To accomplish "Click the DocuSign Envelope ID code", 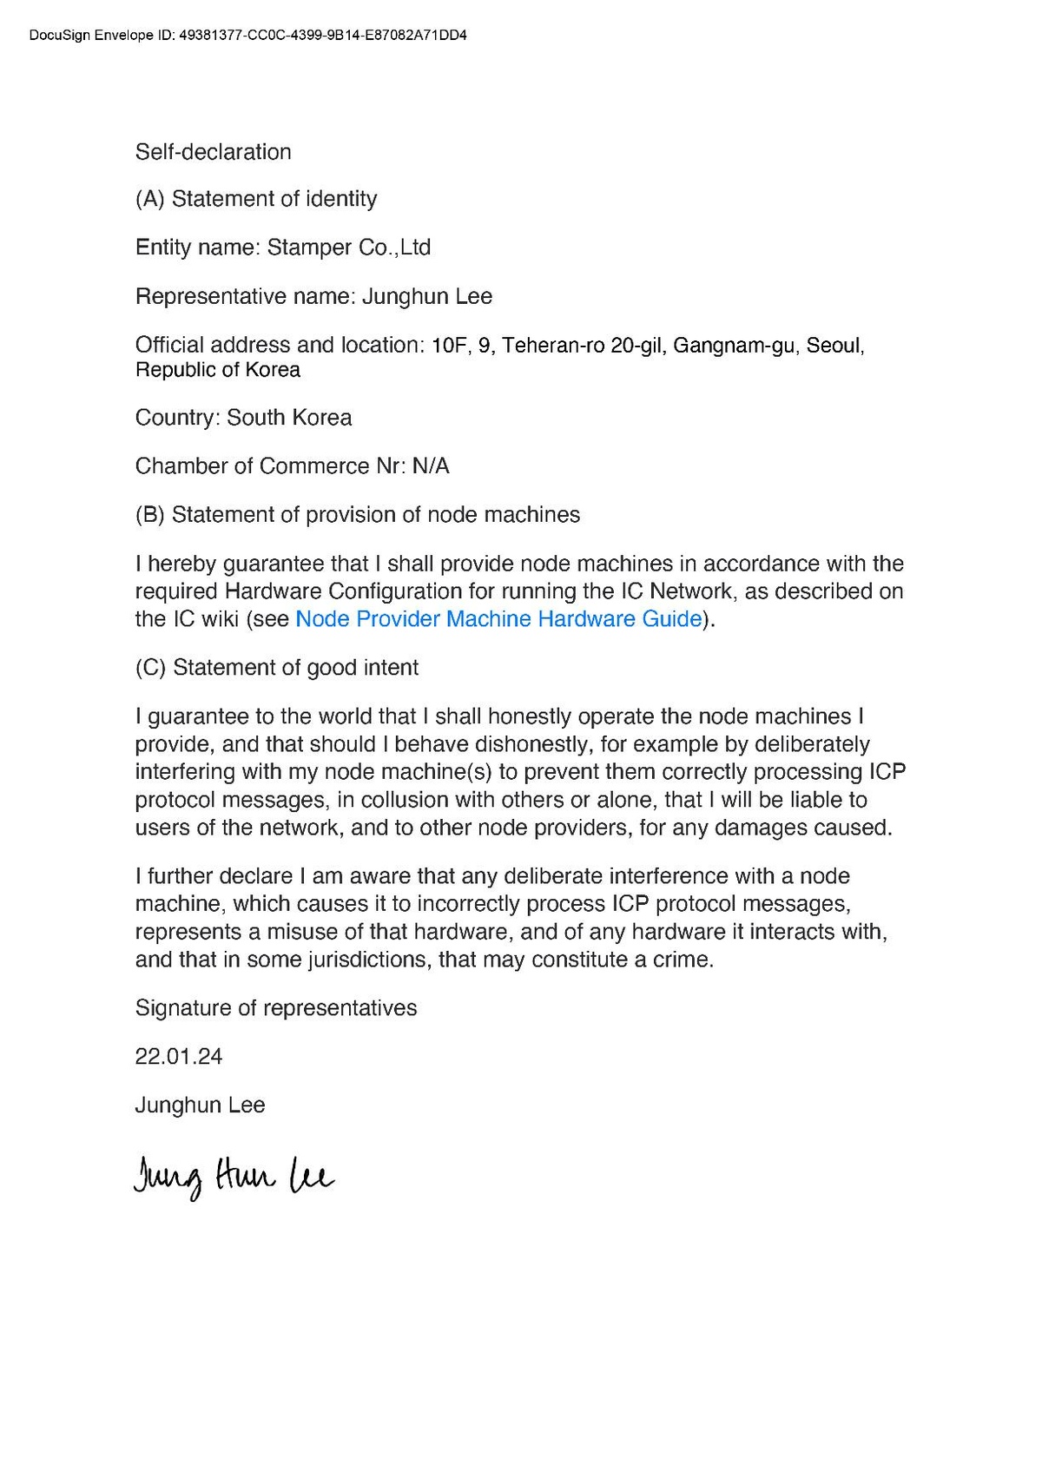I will [322, 36].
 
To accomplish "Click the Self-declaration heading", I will [214, 152].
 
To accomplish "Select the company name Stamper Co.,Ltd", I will [349, 247].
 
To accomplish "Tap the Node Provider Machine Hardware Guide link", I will [498, 619].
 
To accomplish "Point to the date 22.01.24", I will [179, 1057].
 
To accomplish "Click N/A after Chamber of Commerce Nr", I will [431, 466].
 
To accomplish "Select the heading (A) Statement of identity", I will [256, 199].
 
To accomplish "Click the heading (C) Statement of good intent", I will [277, 668].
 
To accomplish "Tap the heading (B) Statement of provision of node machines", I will [358, 515].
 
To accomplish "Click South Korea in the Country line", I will [289, 418].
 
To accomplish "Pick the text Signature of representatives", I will [276, 1008].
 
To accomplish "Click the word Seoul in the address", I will [834, 346].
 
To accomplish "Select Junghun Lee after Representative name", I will [427, 297].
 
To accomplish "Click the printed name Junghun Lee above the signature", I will [201, 1105].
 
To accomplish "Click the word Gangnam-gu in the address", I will [734, 346].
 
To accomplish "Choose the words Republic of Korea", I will [218, 370].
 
